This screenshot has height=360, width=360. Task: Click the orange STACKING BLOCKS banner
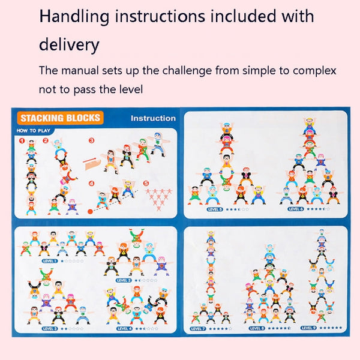59,118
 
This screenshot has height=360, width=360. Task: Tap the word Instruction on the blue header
153,118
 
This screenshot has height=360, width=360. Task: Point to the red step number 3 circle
92,142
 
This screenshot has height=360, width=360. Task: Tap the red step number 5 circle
145,184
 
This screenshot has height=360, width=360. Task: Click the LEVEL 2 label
124,280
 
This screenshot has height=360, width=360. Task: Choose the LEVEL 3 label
50,328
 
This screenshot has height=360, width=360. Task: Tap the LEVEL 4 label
124,328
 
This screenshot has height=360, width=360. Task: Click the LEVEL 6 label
295,209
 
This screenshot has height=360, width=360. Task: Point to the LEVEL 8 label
257,328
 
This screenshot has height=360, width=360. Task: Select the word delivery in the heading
69,44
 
